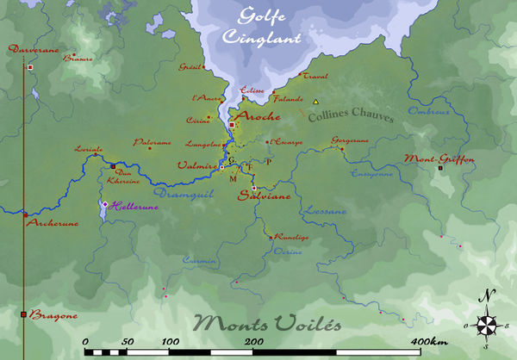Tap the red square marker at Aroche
(x=231, y=126)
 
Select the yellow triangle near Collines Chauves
(x=316, y=102)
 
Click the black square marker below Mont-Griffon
(x=440, y=168)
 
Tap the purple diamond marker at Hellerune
(x=105, y=204)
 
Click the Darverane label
(x=33, y=50)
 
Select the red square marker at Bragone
(x=23, y=314)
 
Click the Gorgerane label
(x=349, y=140)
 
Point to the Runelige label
(x=290, y=237)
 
